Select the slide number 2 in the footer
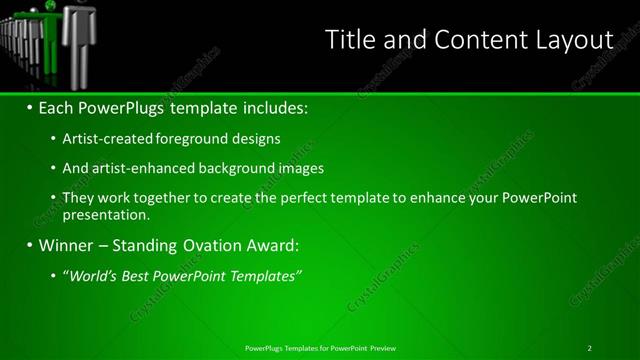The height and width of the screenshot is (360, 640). pyautogui.click(x=590, y=348)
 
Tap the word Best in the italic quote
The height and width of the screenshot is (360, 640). pyautogui.click(x=138, y=275)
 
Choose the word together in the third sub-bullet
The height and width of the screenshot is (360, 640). pyautogui.click(x=161, y=198)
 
